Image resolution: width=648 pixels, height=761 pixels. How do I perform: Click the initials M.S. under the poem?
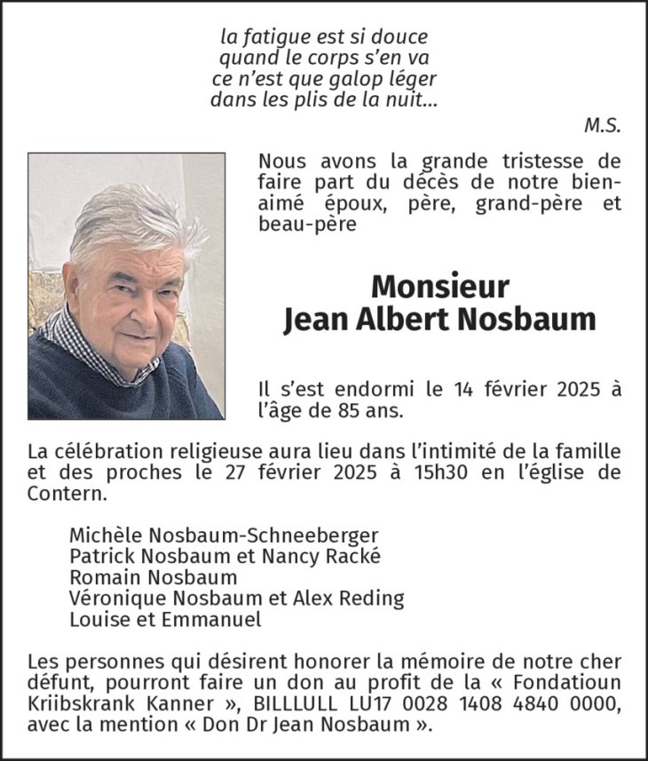coord(602,125)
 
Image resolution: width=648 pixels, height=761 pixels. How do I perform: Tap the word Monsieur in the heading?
coord(439,286)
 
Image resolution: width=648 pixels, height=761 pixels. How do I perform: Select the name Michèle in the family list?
coord(99,535)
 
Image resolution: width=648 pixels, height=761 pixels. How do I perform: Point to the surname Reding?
coord(372,598)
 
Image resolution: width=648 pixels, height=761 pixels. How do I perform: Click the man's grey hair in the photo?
coord(133,218)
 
